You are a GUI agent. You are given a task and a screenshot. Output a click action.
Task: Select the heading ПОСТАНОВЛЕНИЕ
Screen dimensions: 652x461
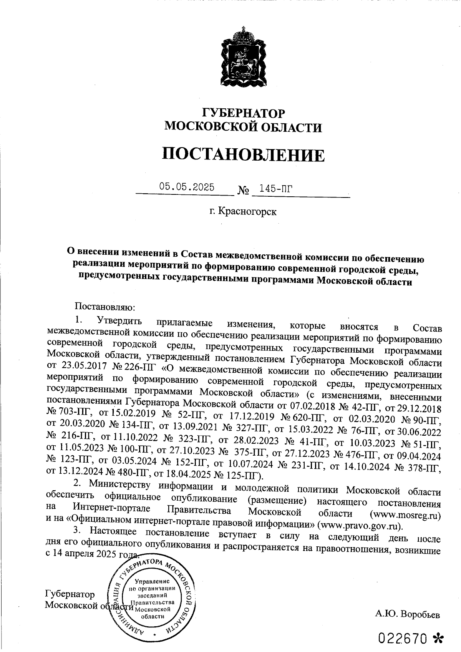point(243,155)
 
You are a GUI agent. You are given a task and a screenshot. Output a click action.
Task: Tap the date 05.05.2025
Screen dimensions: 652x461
point(187,187)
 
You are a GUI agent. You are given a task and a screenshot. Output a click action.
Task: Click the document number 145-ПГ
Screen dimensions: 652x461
point(276,188)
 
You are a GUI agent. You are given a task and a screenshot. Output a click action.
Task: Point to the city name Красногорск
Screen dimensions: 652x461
point(247,211)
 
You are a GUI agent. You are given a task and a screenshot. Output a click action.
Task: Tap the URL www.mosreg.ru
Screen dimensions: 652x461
point(405,514)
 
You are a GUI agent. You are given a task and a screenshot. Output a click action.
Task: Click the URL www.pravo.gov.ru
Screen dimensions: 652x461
point(361,525)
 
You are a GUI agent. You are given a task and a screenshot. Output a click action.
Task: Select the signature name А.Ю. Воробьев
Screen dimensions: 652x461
point(407,614)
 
